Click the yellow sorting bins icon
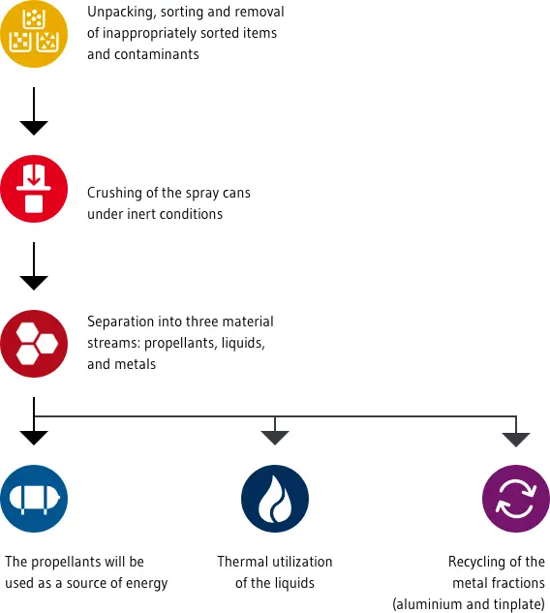pos(34,34)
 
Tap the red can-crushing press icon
pos(34,189)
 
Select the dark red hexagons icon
pos(34,344)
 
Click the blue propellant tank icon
pos(34,499)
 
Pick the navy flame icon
pos(275,499)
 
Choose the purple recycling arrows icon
pos(516,499)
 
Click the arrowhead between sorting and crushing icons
pos(34,128)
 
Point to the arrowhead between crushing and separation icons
pos(34,283)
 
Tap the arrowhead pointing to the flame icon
pos(275,438)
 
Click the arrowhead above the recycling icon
pos(516,440)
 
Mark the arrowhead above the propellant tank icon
pos(34,438)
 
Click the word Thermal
pos(240,562)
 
